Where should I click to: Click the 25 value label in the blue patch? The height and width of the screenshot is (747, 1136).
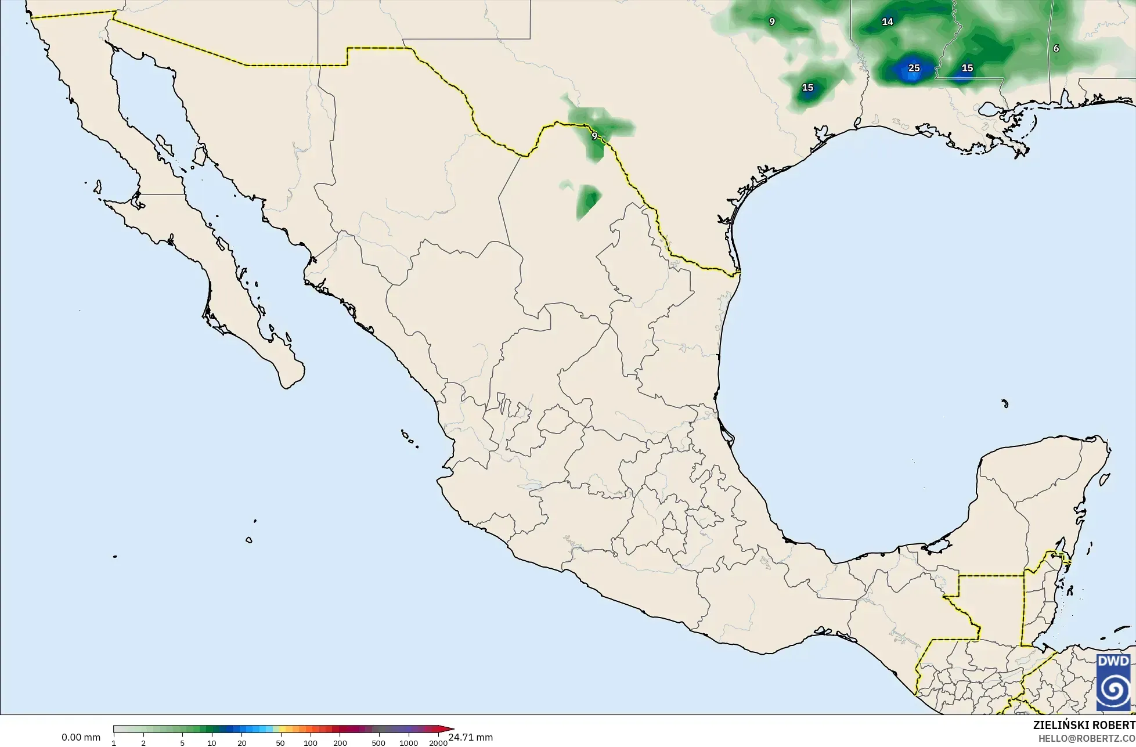914,68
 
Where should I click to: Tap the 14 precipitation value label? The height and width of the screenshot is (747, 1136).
887,22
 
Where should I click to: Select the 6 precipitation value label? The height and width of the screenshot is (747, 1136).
1056,49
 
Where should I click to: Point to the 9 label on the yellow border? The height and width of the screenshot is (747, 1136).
594,136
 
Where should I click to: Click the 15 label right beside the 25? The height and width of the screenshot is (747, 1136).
967,68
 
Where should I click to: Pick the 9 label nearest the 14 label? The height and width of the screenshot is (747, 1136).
771,22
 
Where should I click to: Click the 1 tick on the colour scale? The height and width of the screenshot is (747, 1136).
114,743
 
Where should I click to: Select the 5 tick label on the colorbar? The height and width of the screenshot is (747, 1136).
182,743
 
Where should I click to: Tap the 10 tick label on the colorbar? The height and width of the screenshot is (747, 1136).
212,743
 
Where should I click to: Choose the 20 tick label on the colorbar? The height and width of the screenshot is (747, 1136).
242,743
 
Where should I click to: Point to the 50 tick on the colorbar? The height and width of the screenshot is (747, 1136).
280,743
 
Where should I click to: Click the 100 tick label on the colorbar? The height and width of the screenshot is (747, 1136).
311,743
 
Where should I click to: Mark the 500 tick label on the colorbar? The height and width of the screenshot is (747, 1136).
378,743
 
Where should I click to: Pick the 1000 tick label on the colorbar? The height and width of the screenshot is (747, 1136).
409,743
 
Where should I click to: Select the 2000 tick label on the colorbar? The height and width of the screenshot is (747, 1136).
438,743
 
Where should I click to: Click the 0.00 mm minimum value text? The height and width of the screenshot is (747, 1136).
81,738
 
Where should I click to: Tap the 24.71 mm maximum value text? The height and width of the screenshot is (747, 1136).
470,738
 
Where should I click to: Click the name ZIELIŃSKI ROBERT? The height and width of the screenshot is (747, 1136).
1084,726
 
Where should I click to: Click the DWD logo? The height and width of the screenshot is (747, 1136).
1113,682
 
